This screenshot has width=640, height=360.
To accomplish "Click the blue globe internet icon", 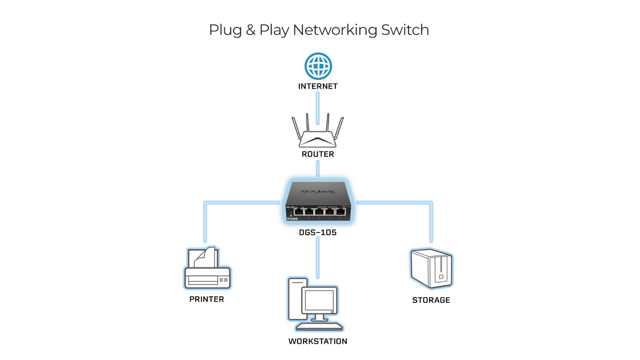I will click(318, 66).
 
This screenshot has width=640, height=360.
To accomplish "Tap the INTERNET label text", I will click(318, 86).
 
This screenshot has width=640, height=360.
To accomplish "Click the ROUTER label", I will click(318, 154).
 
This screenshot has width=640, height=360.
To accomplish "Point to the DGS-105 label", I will click(318, 232).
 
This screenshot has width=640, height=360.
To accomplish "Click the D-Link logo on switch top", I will click(318, 192).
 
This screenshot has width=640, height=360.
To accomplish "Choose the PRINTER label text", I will click(207, 299).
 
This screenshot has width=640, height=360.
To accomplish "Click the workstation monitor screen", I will click(320, 300).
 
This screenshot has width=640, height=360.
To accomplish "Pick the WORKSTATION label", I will click(318, 341).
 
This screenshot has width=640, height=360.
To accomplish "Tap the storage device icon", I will click(431, 269).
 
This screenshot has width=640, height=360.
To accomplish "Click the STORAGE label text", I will click(431, 300).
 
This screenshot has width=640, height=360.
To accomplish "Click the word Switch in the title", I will click(405, 30).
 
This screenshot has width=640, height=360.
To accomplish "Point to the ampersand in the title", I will click(251, 30).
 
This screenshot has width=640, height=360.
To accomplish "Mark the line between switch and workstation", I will click(318, 258).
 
